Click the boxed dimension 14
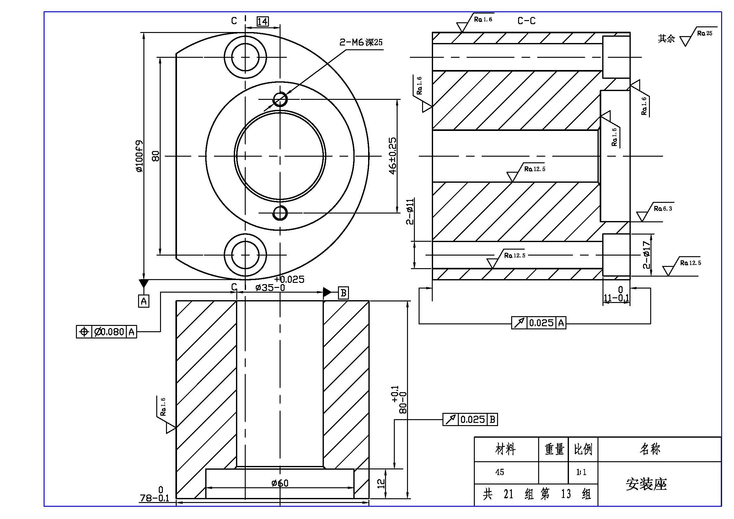pyautogui.click(x=262, y=21)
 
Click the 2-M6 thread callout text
pyautogui.click(x=361, y=42)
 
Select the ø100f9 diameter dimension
pyautogui.click(x=139, y=156)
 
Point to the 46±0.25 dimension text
pyautogui.click(x=393, y=156)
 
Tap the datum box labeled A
pyautogui.click(x=144, y=300)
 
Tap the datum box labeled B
pyautogui.click(x=343, y=293)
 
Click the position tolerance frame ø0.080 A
pyautogui.click(x=106, y=332)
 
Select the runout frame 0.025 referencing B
pyautogui.click(x=470, y=419)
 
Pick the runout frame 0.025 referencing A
pyautogui.click(x=539, y=323)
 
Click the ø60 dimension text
pyautogui.click(x=280, y=483)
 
